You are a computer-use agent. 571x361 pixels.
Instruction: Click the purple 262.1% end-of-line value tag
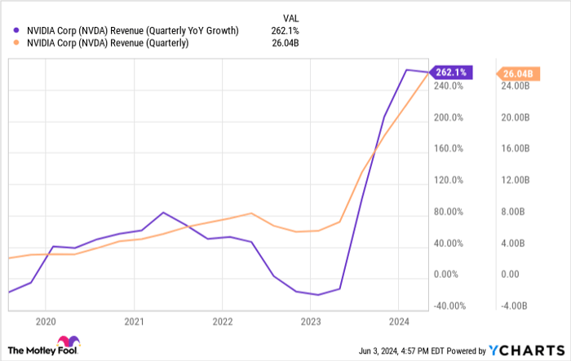[449, 73]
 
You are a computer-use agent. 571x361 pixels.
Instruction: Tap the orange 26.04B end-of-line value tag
[516, 73]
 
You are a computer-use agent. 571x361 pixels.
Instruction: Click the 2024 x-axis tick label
[398, 322]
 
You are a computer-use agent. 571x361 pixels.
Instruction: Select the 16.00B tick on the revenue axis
[515, 148]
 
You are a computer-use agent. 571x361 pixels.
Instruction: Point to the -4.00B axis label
[515, 306]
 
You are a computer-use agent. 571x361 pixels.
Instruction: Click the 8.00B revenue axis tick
[515, 212]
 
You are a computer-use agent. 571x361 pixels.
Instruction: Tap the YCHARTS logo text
[531, 348]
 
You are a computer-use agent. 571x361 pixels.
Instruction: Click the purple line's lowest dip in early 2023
[317, 294]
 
